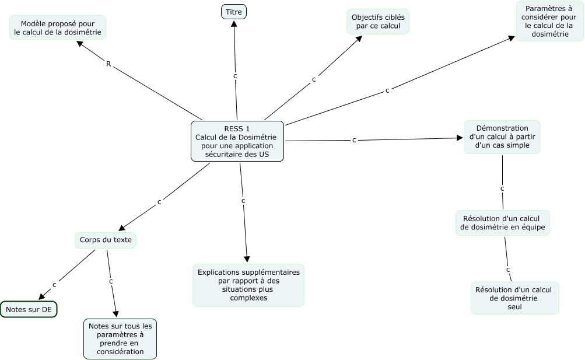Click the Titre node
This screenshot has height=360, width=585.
point(233,12)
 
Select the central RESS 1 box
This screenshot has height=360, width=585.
point(237,141)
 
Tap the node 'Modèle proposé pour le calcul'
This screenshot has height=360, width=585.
point(58,27)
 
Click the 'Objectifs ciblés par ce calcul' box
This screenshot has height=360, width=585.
point(378,22)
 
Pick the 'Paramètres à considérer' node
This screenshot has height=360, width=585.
point(549,21)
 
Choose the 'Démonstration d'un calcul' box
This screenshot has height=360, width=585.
point(502,137)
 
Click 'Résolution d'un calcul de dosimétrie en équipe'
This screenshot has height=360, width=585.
point(503,223)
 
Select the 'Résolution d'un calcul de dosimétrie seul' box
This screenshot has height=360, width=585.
point(515,298)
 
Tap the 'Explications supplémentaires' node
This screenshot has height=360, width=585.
point(248,285)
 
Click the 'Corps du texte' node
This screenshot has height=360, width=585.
point(106,240)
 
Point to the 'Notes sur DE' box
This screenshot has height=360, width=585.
point(29,309)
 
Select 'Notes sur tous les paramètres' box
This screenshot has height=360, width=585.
point(120,339)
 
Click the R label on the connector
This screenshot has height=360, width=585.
point(108,64)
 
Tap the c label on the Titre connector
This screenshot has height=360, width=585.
point(235,76)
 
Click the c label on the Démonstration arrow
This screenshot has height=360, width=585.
point(354,140)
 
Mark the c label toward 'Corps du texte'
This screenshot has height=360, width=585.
point(159,202)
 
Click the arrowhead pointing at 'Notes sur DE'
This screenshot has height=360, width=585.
point(42,296)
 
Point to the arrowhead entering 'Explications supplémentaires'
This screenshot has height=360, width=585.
point(247,259)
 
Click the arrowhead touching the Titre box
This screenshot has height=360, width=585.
point(234,23)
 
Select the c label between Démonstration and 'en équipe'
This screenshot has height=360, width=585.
point(502,189)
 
